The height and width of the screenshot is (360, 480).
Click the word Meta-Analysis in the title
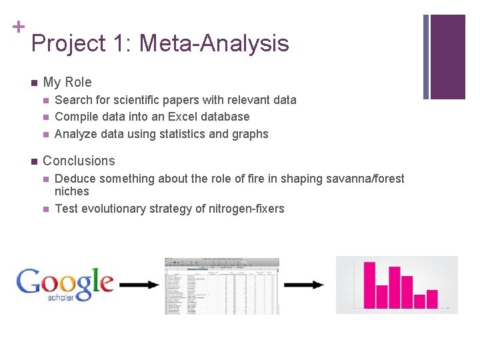[x=214, y=44]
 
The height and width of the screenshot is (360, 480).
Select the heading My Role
[x=67, y=83]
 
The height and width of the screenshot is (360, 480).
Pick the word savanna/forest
[x=363, y=179]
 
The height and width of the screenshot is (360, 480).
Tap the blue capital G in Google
[x=29, y=281]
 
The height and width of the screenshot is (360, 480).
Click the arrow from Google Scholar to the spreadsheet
[x=139, y=285]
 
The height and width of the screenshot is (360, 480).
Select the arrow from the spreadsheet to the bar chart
[x=304, y=285]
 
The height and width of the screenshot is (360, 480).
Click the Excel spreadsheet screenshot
[x=222, y=285]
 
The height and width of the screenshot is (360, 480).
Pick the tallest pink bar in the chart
[x=369, y=285]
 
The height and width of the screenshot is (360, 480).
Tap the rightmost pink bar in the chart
[x=432, y=299]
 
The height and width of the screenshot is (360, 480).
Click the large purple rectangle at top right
[x=447, y=57]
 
